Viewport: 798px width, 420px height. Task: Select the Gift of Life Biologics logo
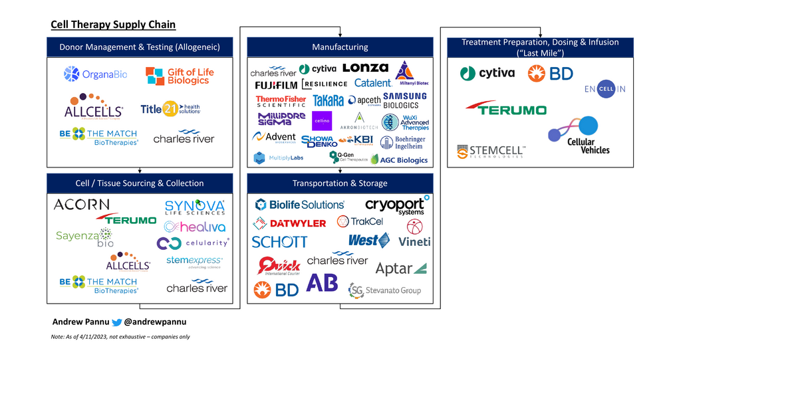point(180,76)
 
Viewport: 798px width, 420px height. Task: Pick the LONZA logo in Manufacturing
point(365,68)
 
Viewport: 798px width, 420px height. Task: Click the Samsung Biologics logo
point(405,100)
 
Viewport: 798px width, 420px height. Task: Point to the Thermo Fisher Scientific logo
point(281,101)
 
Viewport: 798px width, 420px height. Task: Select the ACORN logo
point(86,205)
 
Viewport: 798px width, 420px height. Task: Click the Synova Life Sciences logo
point(194,207)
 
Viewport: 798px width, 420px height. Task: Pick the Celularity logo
point(193,243)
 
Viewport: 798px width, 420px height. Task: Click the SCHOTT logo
point(280,242)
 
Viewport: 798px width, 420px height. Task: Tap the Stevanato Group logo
point(385,290)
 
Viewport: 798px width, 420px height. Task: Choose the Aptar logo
point(401,268)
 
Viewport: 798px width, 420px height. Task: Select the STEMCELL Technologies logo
point(492,152)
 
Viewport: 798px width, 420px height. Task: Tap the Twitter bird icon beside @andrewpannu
point(117,322)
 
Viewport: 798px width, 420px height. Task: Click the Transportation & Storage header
point(340,183)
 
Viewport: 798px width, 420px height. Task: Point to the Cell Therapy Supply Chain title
point(114,25)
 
